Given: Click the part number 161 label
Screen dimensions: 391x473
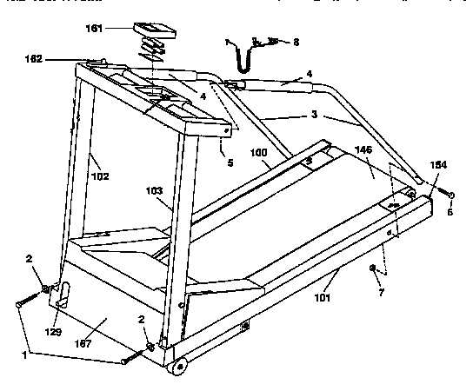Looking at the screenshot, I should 118,28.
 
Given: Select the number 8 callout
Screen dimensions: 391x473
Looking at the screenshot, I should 296,41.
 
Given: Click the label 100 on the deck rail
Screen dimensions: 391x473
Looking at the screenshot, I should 258,153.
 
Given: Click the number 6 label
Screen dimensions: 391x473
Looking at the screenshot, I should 450,211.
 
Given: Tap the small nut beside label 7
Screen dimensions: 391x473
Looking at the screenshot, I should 371,270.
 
